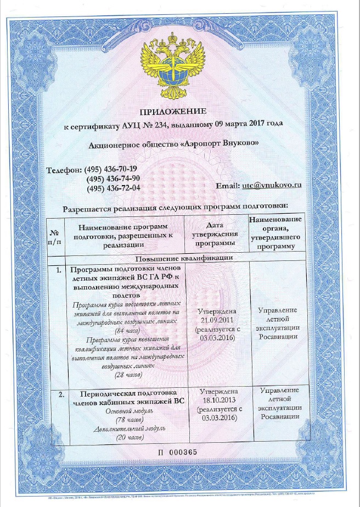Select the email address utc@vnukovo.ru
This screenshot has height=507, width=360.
(272, 186)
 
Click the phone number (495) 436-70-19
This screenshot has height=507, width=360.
(112, 169)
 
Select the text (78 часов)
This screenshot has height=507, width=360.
(126, 420)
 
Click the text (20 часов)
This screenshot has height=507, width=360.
(126, 437)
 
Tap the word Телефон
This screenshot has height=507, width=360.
(64, 169)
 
